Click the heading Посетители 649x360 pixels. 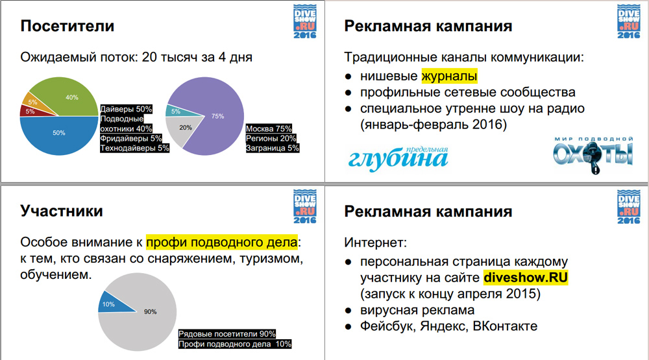[67, 26]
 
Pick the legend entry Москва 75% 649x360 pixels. [269, 128]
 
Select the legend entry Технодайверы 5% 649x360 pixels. [134, 148]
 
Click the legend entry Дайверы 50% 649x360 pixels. [127, 109]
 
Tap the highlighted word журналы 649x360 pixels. [450, 76]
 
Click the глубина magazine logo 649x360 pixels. [398, 158]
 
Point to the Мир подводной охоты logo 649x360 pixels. [594, 155]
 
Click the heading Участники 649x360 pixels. [62, 211]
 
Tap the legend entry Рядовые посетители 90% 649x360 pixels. [227, 333]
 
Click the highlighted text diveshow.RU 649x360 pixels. [526, 278]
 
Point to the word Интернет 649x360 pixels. [375, 243]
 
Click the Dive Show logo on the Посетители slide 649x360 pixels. [305, 22]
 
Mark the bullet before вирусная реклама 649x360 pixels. [349, 310]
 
